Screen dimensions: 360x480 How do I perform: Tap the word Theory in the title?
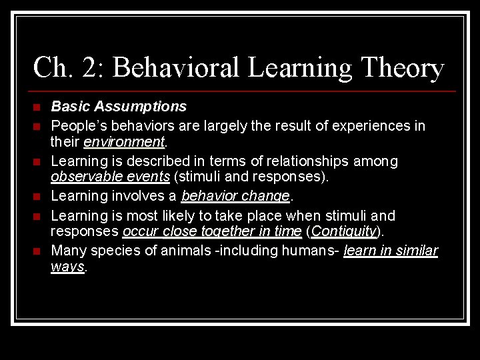pos(401,68)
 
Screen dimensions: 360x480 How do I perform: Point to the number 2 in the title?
pos(88,68)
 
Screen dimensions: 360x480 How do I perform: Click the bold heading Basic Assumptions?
pos(119,106)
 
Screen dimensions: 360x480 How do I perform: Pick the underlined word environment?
pos(124,141)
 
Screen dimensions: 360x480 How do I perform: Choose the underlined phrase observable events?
pos(110,177)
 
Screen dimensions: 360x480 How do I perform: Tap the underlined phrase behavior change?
pos(235,196)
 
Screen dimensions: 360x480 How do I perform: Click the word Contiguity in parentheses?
pos(343,231)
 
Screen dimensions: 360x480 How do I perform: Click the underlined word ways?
pos(67,267)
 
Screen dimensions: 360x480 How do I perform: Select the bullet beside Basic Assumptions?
pos(37,107)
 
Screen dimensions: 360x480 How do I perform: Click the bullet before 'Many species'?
pos(37,251)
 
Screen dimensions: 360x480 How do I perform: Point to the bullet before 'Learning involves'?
pos(37,197)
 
